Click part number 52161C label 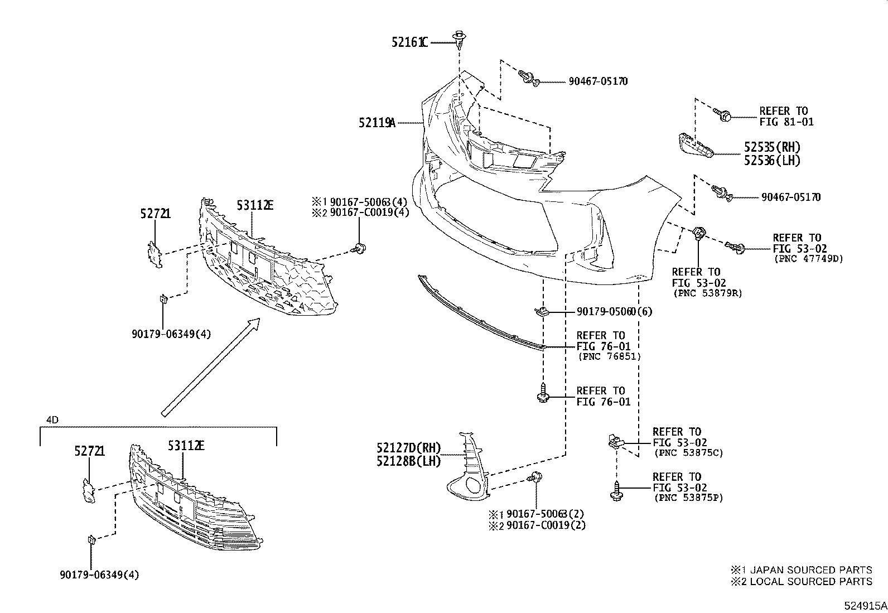pyautogui.click(x=409, y=42)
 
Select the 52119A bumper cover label pyautogui.click(x=377, y=122)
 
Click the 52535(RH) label pyautogui.click(x=772, y=147)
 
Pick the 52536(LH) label pyautogui.click(x=772, y=161)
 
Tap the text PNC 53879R pyautogui.click(x=707, y=293)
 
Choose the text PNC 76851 pyautogui.click(x=609, y=356)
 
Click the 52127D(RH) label pyautogui.click(x=408, y=447)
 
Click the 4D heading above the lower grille pyautogui.click(x=52, y=419)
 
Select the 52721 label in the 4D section pyautogui.click(x=90, y=451)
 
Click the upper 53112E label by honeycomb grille pyautogui.click(x=255, y=206)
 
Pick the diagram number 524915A pyautogui.click(x=865, y=605)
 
